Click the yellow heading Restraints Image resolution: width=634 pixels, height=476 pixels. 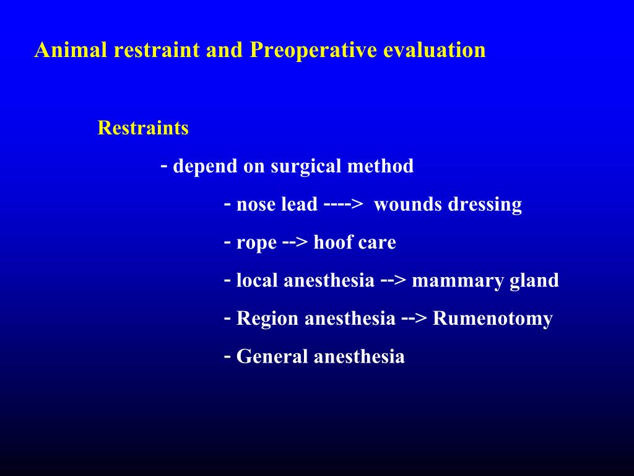click(x=143, y=128)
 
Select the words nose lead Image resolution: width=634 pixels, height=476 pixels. click(x=277, y=205)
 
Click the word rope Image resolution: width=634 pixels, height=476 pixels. click(x=256, y=243)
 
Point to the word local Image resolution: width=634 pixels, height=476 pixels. click(x=258, y=281)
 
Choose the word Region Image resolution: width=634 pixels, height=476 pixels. click(x=267, y=319)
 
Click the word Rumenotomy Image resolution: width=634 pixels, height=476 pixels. click(x=493, y=319)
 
